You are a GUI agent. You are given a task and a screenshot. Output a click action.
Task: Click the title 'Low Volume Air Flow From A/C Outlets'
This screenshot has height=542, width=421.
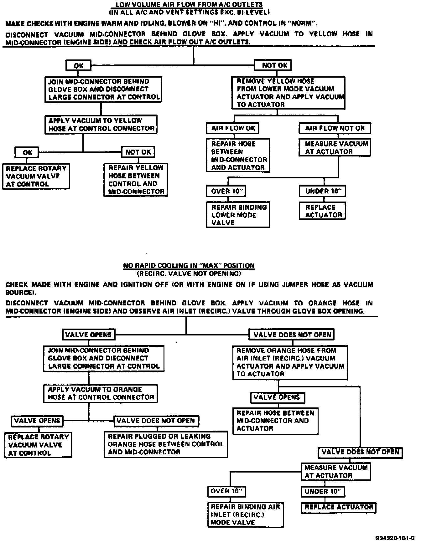coord(189,5)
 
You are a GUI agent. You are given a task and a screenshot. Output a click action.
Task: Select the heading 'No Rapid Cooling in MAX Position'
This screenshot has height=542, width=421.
coord(189,266)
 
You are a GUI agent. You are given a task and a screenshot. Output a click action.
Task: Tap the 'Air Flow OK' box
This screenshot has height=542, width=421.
coord(233,128)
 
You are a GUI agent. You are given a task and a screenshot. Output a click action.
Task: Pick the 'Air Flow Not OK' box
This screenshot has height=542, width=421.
coord(335,128)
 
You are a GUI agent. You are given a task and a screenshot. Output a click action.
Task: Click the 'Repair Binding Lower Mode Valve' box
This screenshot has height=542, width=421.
coord(238,215)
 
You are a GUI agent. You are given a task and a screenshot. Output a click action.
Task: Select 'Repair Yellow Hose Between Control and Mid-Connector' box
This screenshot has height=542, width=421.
coord(136,180)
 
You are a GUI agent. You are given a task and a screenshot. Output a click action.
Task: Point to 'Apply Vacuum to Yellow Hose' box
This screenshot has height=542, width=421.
coord(101,125)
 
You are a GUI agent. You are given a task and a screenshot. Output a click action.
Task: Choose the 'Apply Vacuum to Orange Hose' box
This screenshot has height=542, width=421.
coord(101,393)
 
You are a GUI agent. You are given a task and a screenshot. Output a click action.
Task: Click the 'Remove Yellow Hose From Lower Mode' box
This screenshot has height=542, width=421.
coord(288,93)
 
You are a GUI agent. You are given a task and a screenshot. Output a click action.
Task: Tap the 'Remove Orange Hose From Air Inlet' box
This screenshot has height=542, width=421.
coord(290,362)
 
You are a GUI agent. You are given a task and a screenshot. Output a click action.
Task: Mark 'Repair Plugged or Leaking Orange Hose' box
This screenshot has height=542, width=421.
coord(166,444)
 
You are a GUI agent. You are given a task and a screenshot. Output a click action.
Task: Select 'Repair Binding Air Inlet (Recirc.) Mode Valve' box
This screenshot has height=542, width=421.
coord(245,514)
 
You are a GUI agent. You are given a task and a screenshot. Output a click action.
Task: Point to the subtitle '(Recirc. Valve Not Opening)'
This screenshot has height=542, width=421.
coord(189,274)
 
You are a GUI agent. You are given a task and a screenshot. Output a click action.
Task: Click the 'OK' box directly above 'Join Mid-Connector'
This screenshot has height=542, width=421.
coord(79,66)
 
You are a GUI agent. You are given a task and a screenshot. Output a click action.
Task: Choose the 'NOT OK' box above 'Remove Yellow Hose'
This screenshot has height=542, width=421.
coord(272,65)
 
